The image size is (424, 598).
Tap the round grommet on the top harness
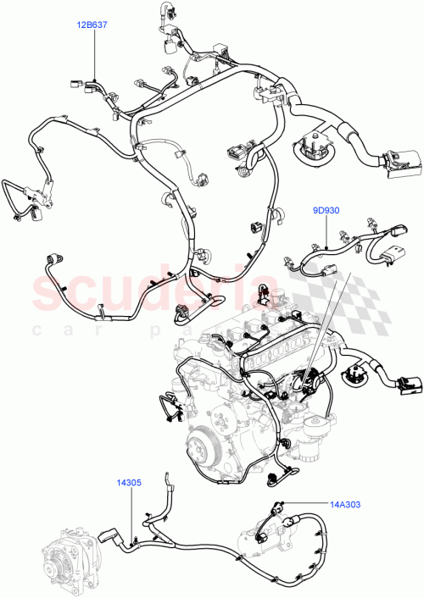point(310,146)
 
